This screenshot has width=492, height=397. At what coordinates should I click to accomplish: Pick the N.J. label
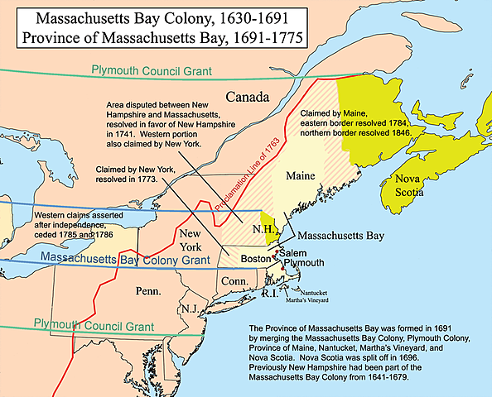[190, 309]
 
